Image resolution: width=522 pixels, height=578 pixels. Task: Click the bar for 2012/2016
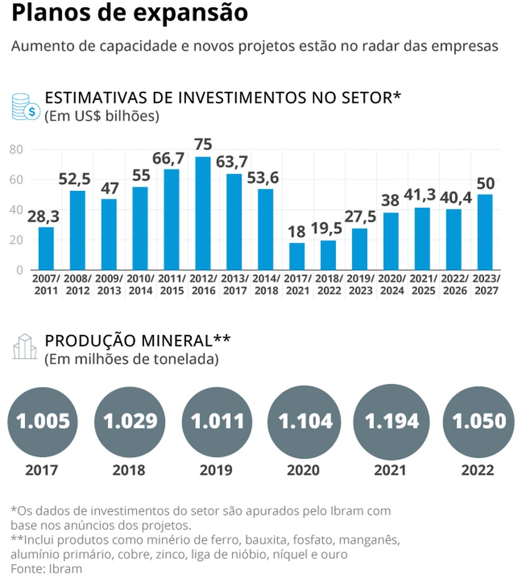(x=203, y=213)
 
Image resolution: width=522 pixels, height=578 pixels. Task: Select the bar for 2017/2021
(x=297, y=256)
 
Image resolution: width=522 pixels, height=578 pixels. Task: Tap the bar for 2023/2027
(x=485, y=232)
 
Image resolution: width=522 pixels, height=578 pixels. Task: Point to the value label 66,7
(x=169, y=159)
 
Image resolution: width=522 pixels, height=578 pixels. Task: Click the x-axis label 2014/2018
(x=266, y=284)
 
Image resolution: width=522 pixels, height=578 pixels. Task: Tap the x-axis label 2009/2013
(x=109, y=284)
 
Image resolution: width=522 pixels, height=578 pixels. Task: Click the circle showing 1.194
(x=391, y=421)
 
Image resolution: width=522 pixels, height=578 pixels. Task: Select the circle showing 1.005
(x=43, y=421)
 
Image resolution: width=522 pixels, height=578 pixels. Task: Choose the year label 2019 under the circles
(x=217, y=470)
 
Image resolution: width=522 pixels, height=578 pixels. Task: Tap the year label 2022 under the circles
(x=477, y=470)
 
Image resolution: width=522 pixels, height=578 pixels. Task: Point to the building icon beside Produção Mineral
(x=25, y=347)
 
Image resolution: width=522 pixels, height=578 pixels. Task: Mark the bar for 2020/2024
(x=391, y=241)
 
